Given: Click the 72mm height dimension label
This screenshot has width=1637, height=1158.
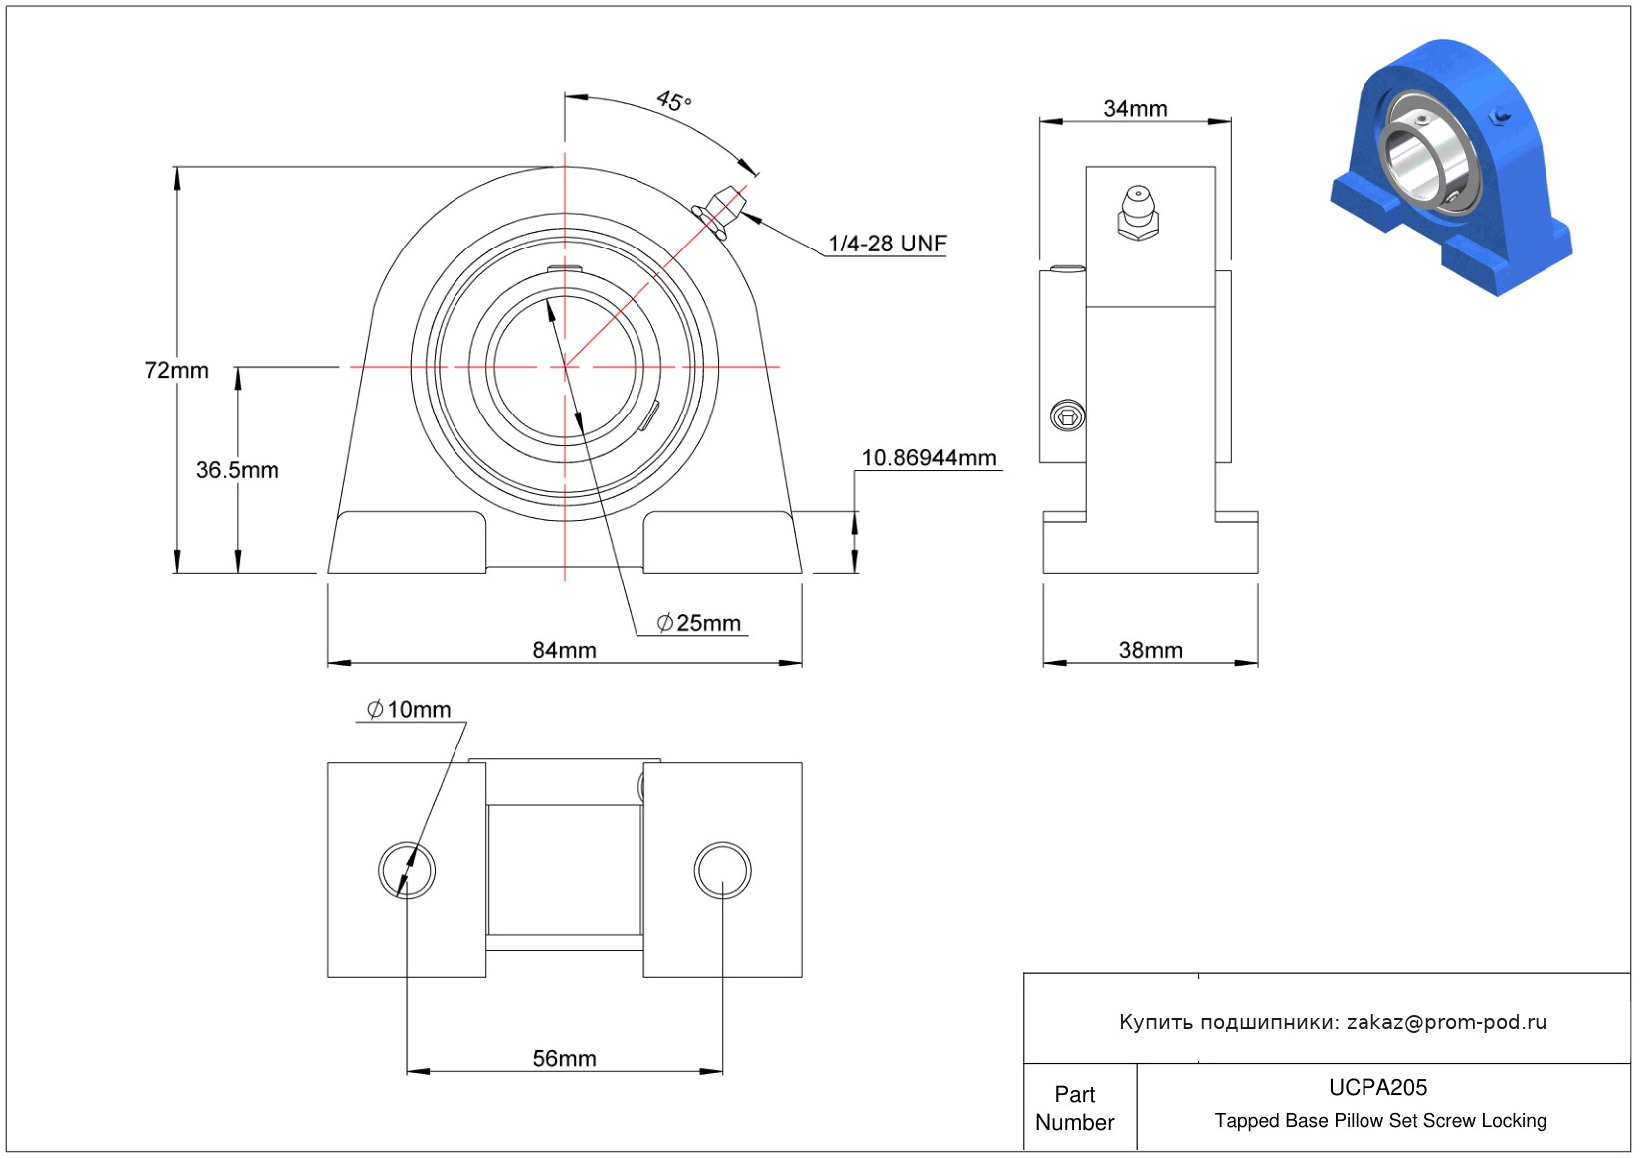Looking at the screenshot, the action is [x=176, y=370].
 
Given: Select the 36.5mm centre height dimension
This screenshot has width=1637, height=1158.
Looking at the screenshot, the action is [x=238, y=470].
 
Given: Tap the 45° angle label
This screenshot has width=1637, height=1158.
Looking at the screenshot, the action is [x=674, y=100].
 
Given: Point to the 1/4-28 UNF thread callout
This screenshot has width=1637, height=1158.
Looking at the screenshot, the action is [x=887, y=244].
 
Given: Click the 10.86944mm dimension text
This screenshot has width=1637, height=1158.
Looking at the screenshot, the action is [x=929, y=458].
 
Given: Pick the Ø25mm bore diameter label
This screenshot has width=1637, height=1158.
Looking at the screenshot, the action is [x=698, y=623].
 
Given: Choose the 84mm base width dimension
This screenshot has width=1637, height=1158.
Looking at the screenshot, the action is [x=564, y=649].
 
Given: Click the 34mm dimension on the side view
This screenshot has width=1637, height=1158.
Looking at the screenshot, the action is [x=1135, y=109].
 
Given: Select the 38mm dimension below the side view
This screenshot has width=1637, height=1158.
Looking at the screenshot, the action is [x=1151, y=649].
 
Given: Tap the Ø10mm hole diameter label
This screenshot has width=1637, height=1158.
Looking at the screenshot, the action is [x=409, y=709].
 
